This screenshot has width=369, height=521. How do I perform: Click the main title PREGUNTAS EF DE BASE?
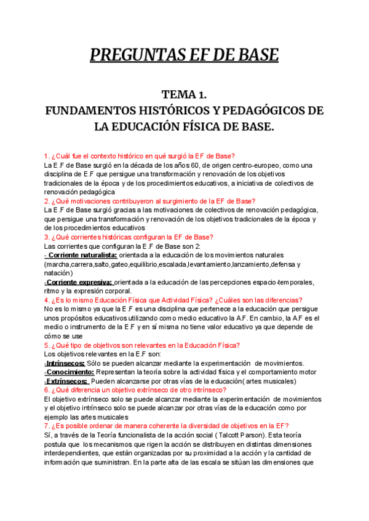(184, 57)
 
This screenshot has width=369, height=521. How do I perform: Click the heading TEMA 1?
(184, 95)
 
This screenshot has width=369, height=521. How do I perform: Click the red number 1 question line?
(144, 155)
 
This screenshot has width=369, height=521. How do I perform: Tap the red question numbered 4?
(173, 300)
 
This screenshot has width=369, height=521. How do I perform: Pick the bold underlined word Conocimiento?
(68, 372)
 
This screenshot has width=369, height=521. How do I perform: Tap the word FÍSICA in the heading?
(208, 127)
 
